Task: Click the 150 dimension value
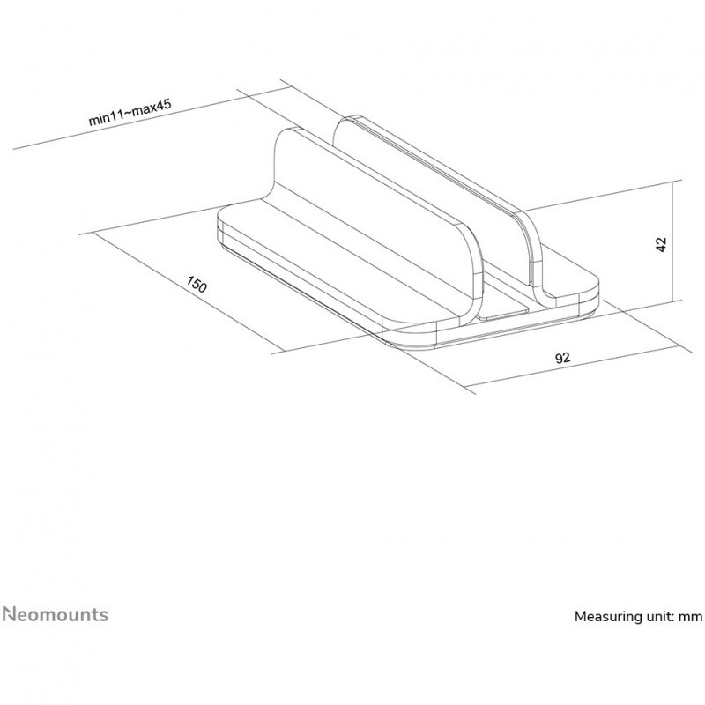[197, 284]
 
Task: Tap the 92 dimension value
[562, 358]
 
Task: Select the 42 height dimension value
[661, 244]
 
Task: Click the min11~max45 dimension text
[130, 113]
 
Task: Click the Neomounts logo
[56, 614]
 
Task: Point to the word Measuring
[605, 616]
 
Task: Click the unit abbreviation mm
[690, 617]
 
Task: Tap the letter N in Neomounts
[10, 614]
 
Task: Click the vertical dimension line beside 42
[672, 241]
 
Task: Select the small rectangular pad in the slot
[504, 312]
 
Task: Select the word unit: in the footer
[656, 616]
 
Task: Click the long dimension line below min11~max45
[152, 118]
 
